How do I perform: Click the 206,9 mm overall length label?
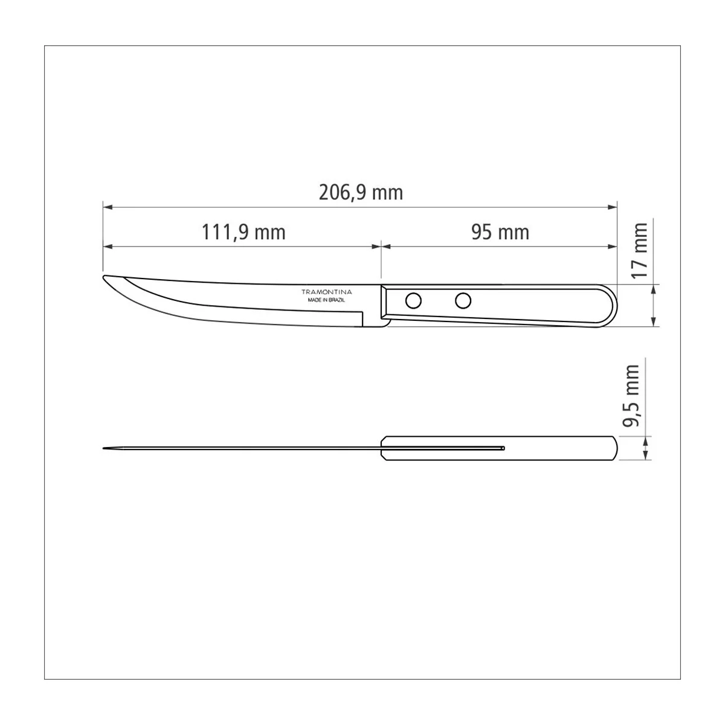[361, 193]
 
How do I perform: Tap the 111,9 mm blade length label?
[243, 232]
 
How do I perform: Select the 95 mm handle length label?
[500, 232]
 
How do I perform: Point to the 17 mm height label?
[640, 251]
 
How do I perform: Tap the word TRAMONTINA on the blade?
[327, 292]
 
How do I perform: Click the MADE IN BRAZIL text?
[326, 300]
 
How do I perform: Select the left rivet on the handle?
[413, 301]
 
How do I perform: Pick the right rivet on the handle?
[463, 301]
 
